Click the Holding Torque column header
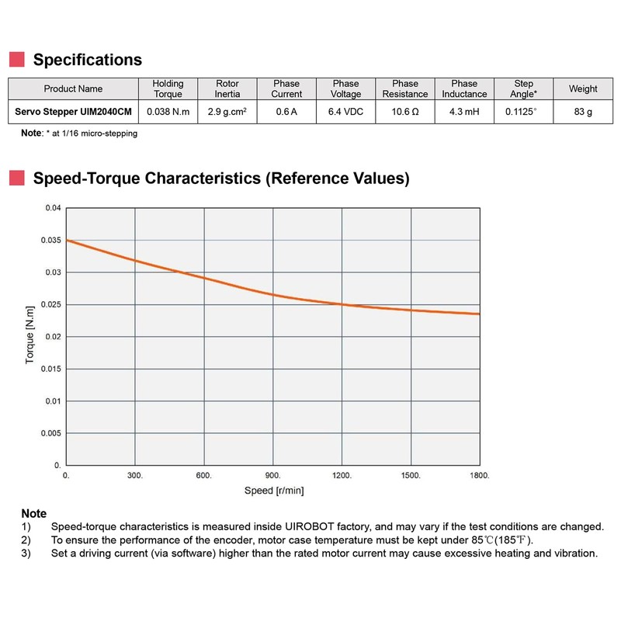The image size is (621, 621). click(x=168, y=88)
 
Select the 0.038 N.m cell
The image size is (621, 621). click(x=168, y=112)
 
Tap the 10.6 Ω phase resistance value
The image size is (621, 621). click(x=405, y=112)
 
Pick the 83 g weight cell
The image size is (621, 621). click(x=583, y=112)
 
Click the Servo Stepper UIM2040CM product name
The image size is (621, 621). click(x=73, y=112)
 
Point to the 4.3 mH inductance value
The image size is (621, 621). click(x=464, y=112)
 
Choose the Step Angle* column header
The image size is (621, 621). click(x=525, y=88)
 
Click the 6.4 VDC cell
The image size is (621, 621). click(x=345, y=112)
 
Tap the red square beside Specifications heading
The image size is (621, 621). click(x=16, y=60)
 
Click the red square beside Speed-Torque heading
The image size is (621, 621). click(x=16, y=179)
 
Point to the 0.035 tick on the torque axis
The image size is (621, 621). click(x=50, y=241)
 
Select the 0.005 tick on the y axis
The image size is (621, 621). click(x=50, y=433)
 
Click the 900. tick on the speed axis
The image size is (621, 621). click(x=272, y=475)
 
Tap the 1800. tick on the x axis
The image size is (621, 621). click(x=479, y=475)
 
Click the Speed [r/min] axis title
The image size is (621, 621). click(x=272, y=491)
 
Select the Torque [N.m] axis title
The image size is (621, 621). click(x=29, y=336)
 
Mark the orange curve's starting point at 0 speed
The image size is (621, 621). click(x=67, y=241)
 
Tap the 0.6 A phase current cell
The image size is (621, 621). click(x=286, y=112)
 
